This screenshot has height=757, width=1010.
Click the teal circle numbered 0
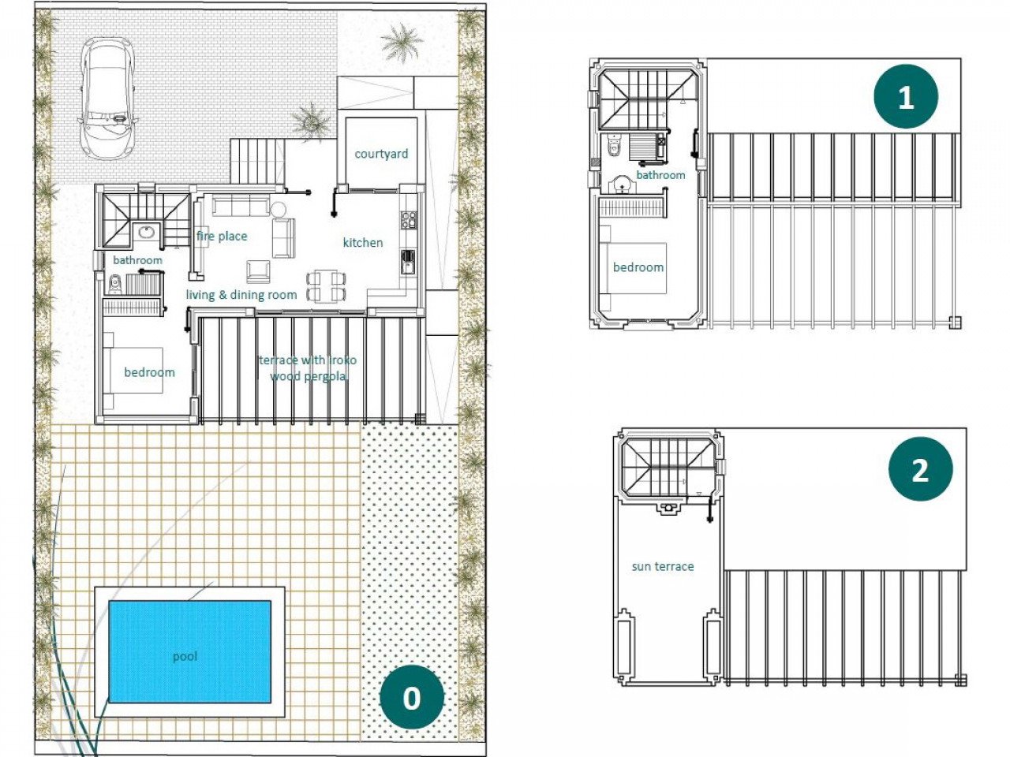pos(411,697)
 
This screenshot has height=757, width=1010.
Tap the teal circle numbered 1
pos(906,97)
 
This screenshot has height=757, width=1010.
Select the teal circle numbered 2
pos(920,470)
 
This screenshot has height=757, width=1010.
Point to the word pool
pos(185,656)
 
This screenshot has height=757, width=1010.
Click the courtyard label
pos(381,154)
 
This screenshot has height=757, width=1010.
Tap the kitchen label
pos(363,243)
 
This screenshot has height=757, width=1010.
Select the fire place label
pos(222,236)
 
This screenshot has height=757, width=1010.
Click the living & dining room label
pos(241,295)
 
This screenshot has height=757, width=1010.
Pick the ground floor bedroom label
pos(149,372)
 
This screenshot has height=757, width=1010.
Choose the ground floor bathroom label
pos(137,260)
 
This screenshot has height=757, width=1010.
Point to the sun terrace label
pos(663,566)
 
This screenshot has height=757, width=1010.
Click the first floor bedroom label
pos(638,267)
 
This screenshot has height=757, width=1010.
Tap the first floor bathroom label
pos(660,175)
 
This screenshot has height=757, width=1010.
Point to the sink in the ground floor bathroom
pos(145,232)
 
